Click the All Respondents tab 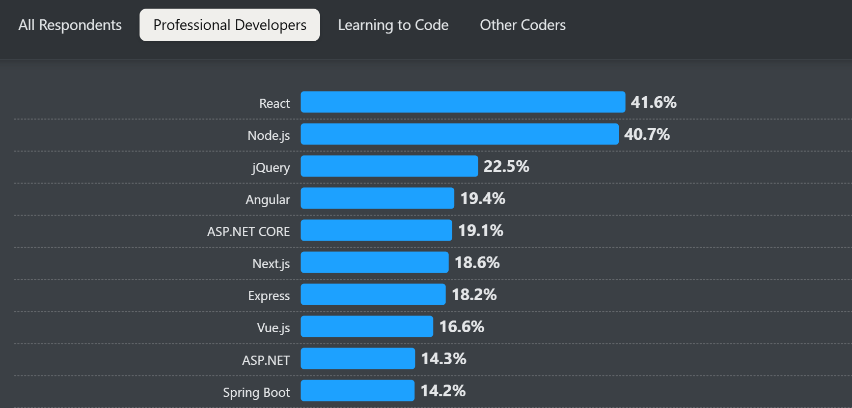(x=70, y=25)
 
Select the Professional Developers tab (x=230, y=25)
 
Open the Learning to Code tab (x=393, y=25)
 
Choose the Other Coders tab (x=523, y=25)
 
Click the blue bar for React (x=462, y=102)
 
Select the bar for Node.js (x=459, y=134)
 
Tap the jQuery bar (x=389, y=166)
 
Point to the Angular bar (x=377, y=198)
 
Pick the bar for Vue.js (x=367, y=327)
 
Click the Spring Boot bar (x=357, y=391)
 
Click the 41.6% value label (x=653, y=102)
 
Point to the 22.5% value (x=506, y=166)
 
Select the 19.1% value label (x=481, y=230)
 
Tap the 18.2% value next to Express (x=474, y=295)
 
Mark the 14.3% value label (x=444, y=359)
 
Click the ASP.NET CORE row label (x=249, y=231)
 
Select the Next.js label (x=271, y=264)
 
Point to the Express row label (x=269, y=296)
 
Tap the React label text (x=274, y=103)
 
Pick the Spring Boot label (x=256, y=392)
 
